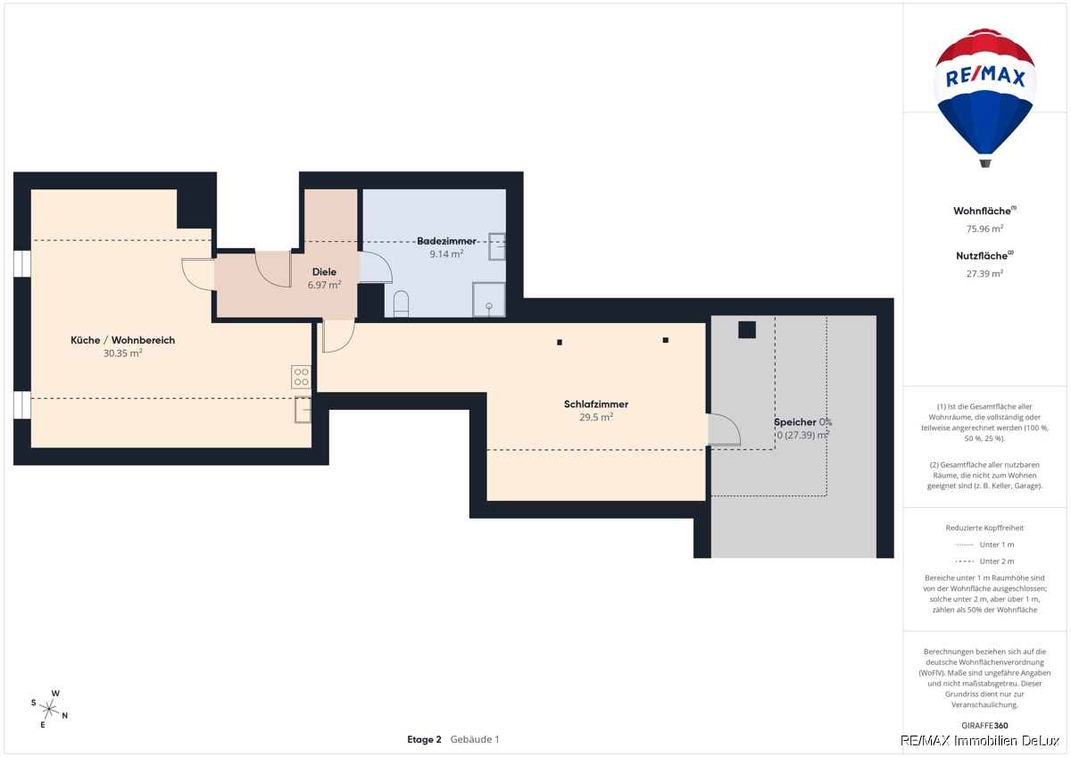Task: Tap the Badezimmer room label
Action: pos(446,241)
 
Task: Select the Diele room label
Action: pos(324,271)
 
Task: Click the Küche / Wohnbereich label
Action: pos(123,340)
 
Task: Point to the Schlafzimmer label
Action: pos(596,404)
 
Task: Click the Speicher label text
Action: pos(795,422)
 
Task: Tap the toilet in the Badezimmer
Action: pos(401,304)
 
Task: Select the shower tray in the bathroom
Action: pos(489,299)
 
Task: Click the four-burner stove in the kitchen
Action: pos(302,377)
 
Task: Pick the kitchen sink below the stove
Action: pos(303,410)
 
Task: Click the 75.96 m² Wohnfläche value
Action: pos(984,229)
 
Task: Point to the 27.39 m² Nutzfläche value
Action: pos(984,273)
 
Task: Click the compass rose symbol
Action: pos(49,709)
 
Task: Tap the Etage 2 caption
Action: pos(424,739)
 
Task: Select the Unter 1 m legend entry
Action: pos(984,545)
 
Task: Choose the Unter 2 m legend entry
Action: pos(984,561)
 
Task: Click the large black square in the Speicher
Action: pos(747,330)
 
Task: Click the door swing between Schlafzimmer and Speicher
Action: pos(724,429)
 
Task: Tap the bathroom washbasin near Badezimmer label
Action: pos(497,246)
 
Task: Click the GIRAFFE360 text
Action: pos(984,726)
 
